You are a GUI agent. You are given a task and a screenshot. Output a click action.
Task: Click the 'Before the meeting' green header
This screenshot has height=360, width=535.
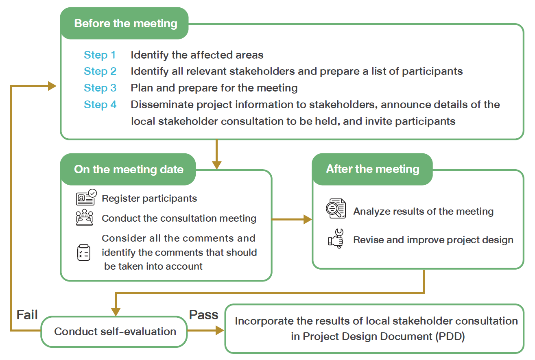(x=125, y=23)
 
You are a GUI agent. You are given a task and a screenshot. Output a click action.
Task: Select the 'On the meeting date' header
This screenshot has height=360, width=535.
(x=129, y=169)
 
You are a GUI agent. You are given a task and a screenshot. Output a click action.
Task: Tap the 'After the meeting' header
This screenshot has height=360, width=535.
(x=372, y=169)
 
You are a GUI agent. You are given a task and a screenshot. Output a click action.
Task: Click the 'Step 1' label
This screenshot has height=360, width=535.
(x=100, y=55)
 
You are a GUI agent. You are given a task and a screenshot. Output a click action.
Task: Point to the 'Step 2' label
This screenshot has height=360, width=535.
(x=100, y=71)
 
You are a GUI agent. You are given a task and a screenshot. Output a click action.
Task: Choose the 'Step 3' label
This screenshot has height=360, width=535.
(x=100, y=88)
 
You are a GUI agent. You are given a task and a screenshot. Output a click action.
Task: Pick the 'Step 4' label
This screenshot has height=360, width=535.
(x=100, y=105)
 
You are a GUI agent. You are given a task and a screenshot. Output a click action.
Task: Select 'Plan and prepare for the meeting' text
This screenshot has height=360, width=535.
(x=214, y=88)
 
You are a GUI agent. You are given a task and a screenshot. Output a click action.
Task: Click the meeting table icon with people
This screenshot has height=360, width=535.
(x=85, y=218)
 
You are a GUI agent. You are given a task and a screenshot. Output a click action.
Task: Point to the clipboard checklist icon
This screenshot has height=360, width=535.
(x=84, y=252)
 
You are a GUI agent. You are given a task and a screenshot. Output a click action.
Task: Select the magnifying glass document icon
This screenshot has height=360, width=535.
(x=336, y=209)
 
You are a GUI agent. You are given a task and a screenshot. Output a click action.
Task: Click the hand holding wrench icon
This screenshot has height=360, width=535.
(x=336, y=239)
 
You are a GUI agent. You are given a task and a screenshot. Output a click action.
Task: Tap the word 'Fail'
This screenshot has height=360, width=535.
(x=27, y=314)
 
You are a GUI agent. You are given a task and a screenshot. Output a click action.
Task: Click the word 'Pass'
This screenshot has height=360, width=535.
(x=204, y=314)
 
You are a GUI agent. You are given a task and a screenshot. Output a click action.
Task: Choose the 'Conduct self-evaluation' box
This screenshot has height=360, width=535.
(x=115, y=332)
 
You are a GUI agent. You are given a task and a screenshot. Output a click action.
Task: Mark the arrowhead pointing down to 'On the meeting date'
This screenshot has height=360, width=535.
(x=217, y=165)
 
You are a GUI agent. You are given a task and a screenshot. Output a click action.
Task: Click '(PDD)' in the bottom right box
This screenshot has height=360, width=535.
(x=447, y=337)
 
